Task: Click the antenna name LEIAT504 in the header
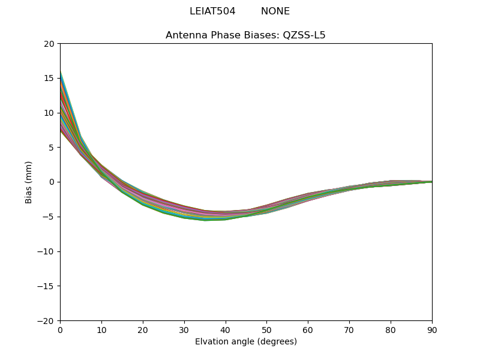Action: [x=208, y=11]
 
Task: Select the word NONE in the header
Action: [x=275, y=11]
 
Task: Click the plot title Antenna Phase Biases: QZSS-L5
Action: [x=245, y=35]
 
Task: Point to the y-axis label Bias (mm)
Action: [x=29, y=182]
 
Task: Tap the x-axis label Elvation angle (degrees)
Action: [x=245, y=342]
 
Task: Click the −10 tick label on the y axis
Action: [x=46, y=251]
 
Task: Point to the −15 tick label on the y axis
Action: [x=46, y=286]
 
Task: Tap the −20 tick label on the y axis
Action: [x=46, y=321]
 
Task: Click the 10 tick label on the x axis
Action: [x=101, y=331]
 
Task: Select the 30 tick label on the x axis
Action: [x=184, y=331]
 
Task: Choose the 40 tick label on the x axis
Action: [x=226, y=331]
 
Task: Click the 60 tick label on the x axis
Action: [x=308, y=331]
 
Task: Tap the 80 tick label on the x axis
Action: [x=391, y=331]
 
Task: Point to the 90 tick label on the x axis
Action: [x=432, y=331]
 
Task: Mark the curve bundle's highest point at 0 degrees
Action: [x=61, y=71]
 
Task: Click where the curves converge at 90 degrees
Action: [x=431, y=181]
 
